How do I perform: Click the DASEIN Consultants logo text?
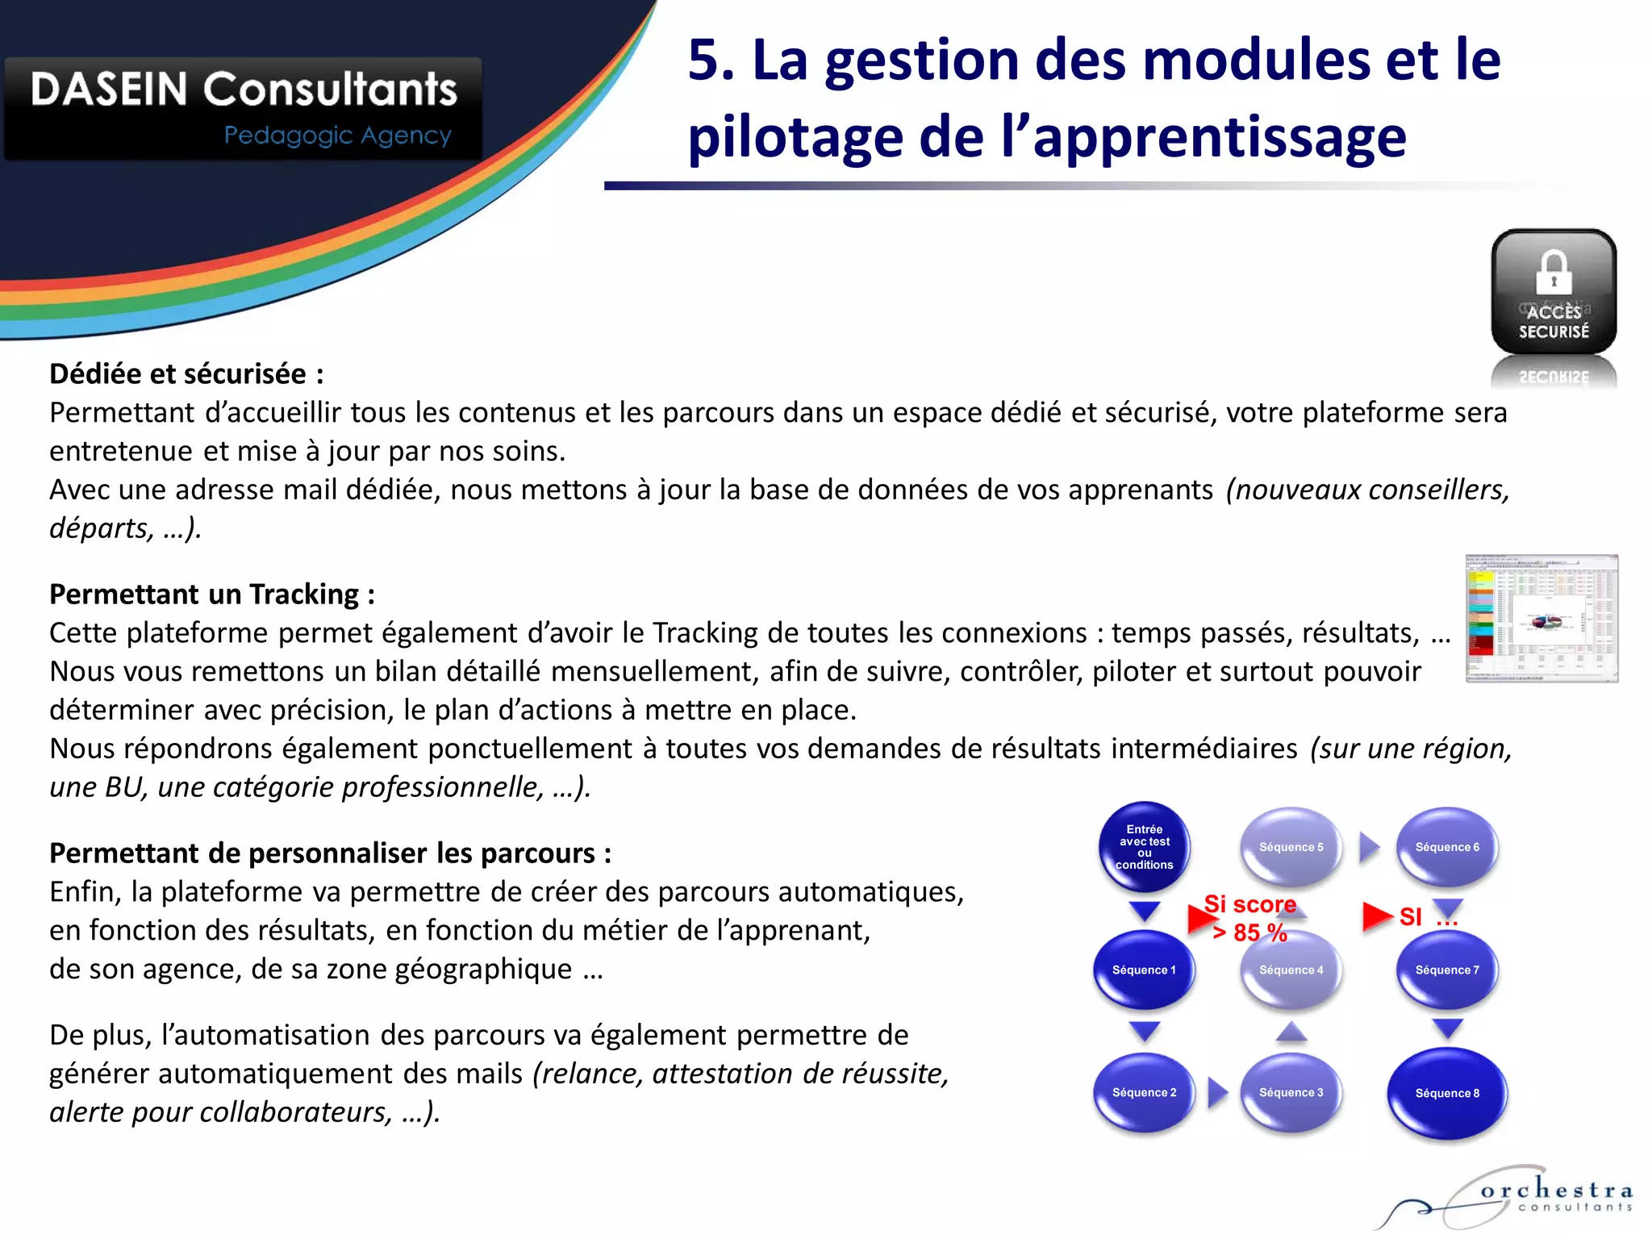tap(244, 89)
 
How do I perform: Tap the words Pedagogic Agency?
tap(337, 136)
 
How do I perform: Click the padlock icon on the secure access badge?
tap(1554, 273)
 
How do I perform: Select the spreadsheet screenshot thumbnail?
tap(1541, 619)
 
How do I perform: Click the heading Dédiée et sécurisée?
tap(186, 374)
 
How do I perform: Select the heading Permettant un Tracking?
tap(212, 594)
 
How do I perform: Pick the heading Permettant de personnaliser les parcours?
tap(330, 853)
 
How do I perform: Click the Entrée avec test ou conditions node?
tap(1144, 847)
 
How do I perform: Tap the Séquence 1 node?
tap(1144, 970)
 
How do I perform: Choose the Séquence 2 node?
tap(1144, 1092)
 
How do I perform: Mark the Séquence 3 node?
tap(1291, 1092)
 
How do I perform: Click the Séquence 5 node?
tap(1291, 847)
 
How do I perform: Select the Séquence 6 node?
tap(1447, 847)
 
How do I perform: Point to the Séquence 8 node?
tap(1447, 1093)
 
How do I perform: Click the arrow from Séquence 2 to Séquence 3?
tap(1217, 1092)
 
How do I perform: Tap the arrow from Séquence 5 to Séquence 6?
tap(1369, 847)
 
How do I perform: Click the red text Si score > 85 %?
tap(1250, 918)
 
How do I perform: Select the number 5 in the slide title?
tap(705, 60)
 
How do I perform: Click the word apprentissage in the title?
tap(1220, 137)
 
